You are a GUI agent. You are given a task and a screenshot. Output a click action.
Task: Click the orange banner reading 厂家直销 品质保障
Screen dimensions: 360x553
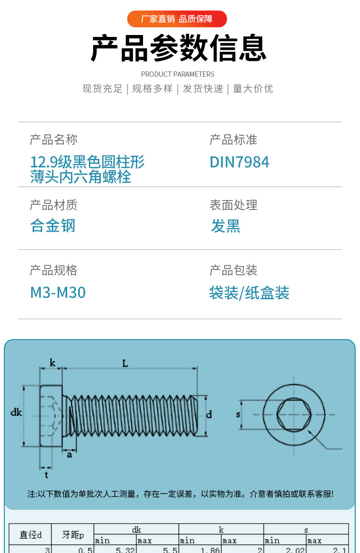click(x=177, y=19)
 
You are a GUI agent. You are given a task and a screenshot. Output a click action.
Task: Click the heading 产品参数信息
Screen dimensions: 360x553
click(x=178, y=48)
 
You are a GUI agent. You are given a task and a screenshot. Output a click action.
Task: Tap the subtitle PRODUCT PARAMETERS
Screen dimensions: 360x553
click(x=178, y=74)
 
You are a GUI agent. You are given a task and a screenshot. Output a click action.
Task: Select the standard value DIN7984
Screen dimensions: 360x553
click(x=239, y=162)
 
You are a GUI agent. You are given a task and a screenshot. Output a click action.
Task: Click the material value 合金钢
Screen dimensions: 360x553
click(x=53, y=225)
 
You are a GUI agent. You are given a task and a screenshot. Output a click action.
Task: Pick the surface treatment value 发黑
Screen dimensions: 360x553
click(x=225, y=225)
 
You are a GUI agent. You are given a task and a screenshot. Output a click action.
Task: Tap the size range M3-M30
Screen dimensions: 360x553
click(x=58, y=293)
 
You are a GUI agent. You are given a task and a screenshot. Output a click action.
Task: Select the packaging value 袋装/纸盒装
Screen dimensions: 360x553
click(x=249, y=293)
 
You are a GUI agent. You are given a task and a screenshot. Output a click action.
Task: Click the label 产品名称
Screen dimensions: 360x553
click(x=53, y=140)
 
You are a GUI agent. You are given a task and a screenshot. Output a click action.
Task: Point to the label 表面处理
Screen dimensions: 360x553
click(x=233, y=205)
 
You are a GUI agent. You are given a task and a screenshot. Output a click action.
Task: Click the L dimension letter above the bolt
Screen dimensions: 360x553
click(x=125, y=364)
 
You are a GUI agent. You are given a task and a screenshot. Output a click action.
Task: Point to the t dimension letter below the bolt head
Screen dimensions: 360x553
click(x=46, y=475)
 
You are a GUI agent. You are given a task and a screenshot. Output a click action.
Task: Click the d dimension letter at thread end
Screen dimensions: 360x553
click(x=209, y=415)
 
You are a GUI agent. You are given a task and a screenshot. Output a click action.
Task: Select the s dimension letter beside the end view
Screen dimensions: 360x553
click(x=238, y=414)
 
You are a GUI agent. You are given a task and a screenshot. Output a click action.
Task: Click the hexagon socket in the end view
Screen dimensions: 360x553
click(x=293, y=414)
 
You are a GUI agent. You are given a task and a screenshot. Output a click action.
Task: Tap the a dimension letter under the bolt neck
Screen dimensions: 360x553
click(x=69, y=454)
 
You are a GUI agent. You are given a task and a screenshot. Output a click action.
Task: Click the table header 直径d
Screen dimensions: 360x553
click(x=30, y=535)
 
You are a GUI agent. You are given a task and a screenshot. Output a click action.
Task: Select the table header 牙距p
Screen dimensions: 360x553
click(x=72, y=535)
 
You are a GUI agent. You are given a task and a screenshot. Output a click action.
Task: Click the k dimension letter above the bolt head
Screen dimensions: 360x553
click(x=52, y=364)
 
